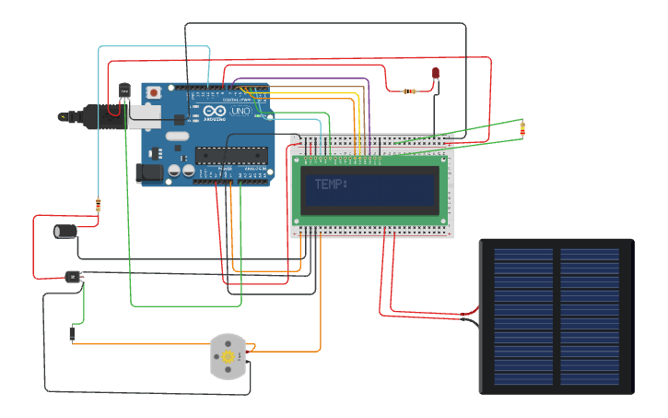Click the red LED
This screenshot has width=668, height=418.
[436, 73]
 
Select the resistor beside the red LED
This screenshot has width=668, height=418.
[410, 91]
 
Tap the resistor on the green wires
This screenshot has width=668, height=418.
[522, 129]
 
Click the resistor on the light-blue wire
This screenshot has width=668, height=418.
[99, 204]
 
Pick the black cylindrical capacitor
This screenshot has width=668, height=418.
[65, 231]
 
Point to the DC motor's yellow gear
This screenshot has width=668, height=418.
[228, 356]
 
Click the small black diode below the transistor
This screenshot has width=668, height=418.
[72, 333]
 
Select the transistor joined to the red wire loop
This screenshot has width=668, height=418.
[74, 276]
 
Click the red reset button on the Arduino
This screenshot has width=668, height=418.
[154, 93]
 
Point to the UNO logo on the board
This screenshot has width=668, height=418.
[240, 111]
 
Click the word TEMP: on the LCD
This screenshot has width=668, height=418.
[331, 185]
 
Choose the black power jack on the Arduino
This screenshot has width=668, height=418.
[148, 172]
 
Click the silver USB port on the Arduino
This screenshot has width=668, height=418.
[144, 114]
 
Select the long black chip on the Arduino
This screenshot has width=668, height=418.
[230, 155]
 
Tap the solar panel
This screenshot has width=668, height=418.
[557, 316]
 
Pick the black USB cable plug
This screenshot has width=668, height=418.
[101, 117]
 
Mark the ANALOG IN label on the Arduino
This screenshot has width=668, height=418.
[253, 170]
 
